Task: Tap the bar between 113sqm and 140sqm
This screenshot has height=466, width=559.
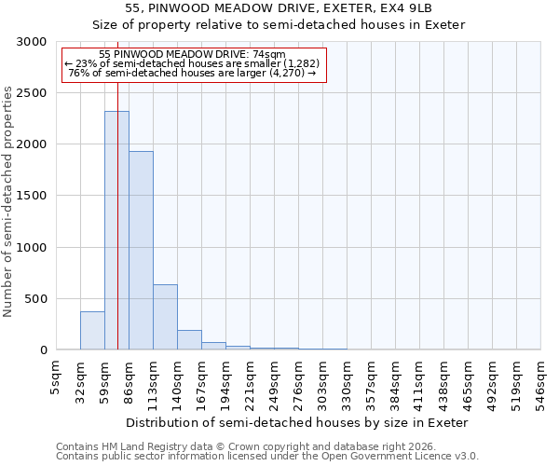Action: [x=165, y=317]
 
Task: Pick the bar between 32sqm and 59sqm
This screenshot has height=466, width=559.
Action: [x=92, y=331]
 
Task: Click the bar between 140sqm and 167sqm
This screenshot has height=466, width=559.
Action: [x=189, y=340]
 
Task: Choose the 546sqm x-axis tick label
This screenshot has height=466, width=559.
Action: [x=540, y=381]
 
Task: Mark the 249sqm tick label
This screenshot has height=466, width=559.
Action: [x=274, y=381]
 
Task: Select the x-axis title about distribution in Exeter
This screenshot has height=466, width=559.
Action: [x=296, y=422]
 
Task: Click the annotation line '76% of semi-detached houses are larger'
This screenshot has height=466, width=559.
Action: [x=193, y=73]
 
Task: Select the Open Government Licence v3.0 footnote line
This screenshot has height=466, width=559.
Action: [x=267, y=457]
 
